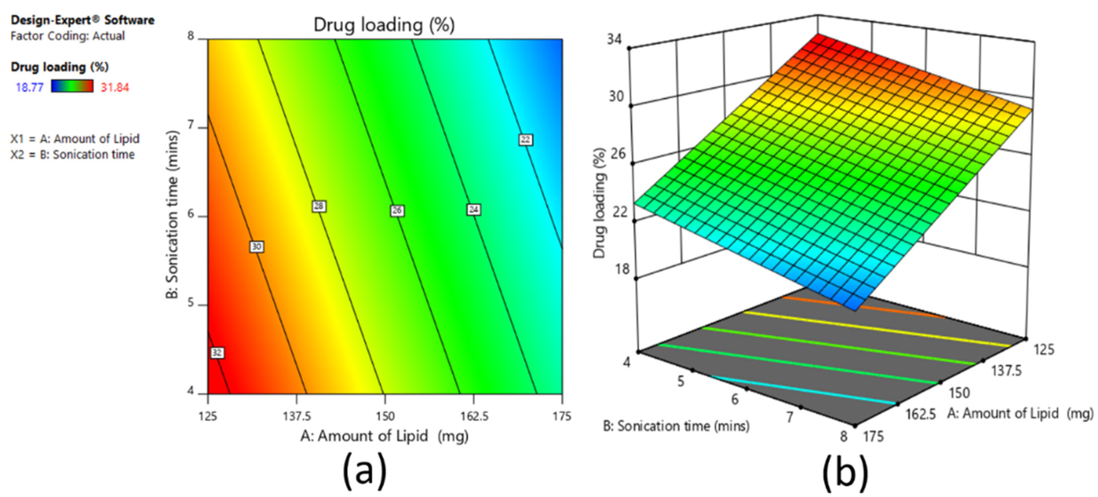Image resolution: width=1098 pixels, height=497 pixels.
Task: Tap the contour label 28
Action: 319,206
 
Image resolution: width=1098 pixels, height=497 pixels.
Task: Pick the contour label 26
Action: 397,211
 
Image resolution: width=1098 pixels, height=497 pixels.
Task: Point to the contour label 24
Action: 474,209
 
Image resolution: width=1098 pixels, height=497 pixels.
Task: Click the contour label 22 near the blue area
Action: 525,139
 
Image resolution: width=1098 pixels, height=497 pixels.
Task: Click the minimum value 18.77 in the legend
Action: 29,87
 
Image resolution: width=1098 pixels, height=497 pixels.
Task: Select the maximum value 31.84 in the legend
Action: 115,87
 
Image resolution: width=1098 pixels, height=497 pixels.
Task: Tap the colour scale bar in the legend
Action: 72,87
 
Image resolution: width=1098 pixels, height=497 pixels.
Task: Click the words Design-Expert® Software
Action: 82,20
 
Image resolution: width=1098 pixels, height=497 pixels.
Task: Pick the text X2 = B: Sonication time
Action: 72,154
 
